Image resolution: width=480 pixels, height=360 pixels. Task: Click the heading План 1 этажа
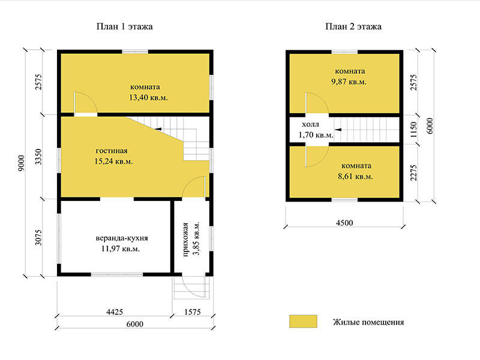pos(125,26)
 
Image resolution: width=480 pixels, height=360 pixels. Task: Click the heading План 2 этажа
pos(353,26)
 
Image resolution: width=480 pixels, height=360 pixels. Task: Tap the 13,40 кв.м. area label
pos(148,98)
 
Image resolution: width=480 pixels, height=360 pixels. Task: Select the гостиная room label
pos(112,151)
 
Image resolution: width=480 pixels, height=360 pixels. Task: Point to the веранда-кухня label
pos(122,238)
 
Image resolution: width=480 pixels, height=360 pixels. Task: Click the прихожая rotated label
pos(185,239)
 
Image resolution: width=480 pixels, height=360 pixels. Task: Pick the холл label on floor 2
pos(310,124)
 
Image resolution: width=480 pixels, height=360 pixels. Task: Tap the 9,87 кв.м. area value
pos(349,82)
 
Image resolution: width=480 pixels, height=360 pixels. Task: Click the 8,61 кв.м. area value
pos(355,176)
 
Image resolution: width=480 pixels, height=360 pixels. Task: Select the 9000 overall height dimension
pos(20,163)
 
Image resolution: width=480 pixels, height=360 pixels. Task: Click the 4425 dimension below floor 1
pos(115,312)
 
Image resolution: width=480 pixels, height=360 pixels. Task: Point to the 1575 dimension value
pos(193,312)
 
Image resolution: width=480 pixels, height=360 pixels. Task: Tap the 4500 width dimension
pos(344,223)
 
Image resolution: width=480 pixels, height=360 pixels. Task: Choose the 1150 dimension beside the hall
pos(413,130)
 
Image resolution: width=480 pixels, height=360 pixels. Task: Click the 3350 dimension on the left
pos(38,157)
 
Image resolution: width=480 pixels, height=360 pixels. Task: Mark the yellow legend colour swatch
pos(303,322)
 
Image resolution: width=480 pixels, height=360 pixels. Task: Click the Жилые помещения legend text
pos(368,322)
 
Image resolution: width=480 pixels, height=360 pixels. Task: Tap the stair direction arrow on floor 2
pos(338,130)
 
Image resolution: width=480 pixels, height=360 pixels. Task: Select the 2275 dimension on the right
pos(413,173)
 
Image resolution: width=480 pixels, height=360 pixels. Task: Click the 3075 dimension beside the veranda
pos(38,238)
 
